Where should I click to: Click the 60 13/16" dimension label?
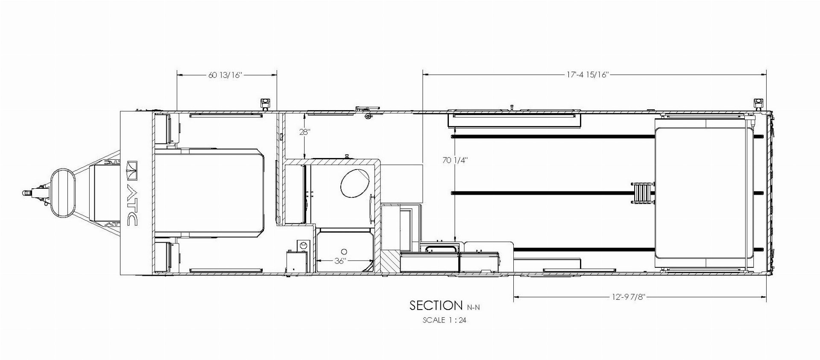(225, 75)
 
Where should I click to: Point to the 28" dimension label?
(305, 132)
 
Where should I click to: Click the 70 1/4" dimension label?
(455, 161)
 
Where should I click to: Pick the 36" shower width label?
(340, 261)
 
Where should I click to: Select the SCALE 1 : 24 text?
(444, 320)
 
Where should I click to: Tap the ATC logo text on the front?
(132, 193)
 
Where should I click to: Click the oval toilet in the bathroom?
(355, 183)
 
